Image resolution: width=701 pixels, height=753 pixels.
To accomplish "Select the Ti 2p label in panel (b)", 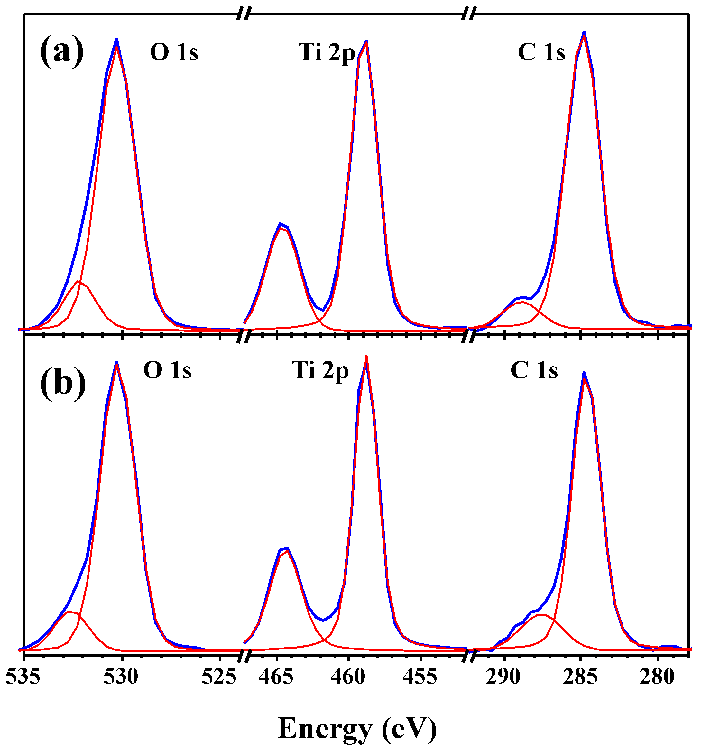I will pos(320,370).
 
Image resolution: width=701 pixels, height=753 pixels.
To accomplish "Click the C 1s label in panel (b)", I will pos(534,370).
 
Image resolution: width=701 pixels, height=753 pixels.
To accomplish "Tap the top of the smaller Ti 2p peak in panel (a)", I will pos(280,224).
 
